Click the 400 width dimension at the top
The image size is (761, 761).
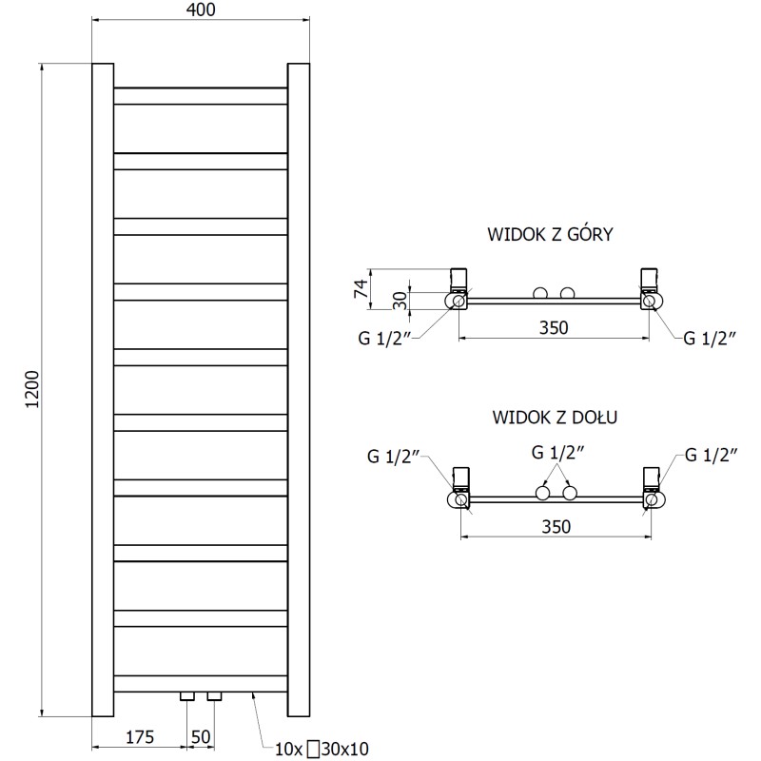tap(202, 10)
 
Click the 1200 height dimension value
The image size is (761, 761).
tap(31, 389)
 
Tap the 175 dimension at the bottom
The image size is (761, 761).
tap(139, 736)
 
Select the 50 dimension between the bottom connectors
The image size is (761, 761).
tap(200, 736)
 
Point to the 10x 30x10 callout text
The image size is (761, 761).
tap(321, 748)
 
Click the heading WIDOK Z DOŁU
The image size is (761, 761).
tap(550, 416)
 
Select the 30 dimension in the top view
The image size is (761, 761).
tap(400, 301)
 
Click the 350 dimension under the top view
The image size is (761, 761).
tap(554, 328)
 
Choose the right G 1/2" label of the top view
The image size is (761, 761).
tap(711, 337)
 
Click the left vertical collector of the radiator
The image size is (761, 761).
tap(102, 389)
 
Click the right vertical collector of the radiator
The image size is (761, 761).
tap(299, 389)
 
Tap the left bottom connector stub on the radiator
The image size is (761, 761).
tap(187, 697)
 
